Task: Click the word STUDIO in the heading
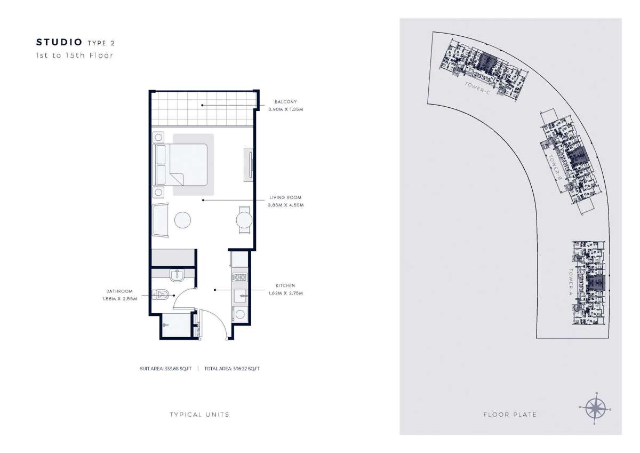pyautogui.click(x=59, y=42)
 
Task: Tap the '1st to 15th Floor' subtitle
pyautogui.click(x=75, y=55)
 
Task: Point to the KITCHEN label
pyautogui.click(x=285, y=286)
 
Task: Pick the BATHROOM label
pyautogui.click(x=119, y=291)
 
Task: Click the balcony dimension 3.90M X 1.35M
pyautogui.click(x=285, y=109)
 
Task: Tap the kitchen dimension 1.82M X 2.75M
pyautogui.click(x=285, y=293)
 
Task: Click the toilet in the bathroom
pyautogui.click(x=163, y=294)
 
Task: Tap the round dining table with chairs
pyautogui.click(x=244, y=220)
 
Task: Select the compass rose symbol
pyautogui.click(x=596, y=409)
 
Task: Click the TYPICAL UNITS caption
pyautogui.click(x=199, y=415)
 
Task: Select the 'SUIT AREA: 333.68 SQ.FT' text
pyautogui.click(x=166, y=368)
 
